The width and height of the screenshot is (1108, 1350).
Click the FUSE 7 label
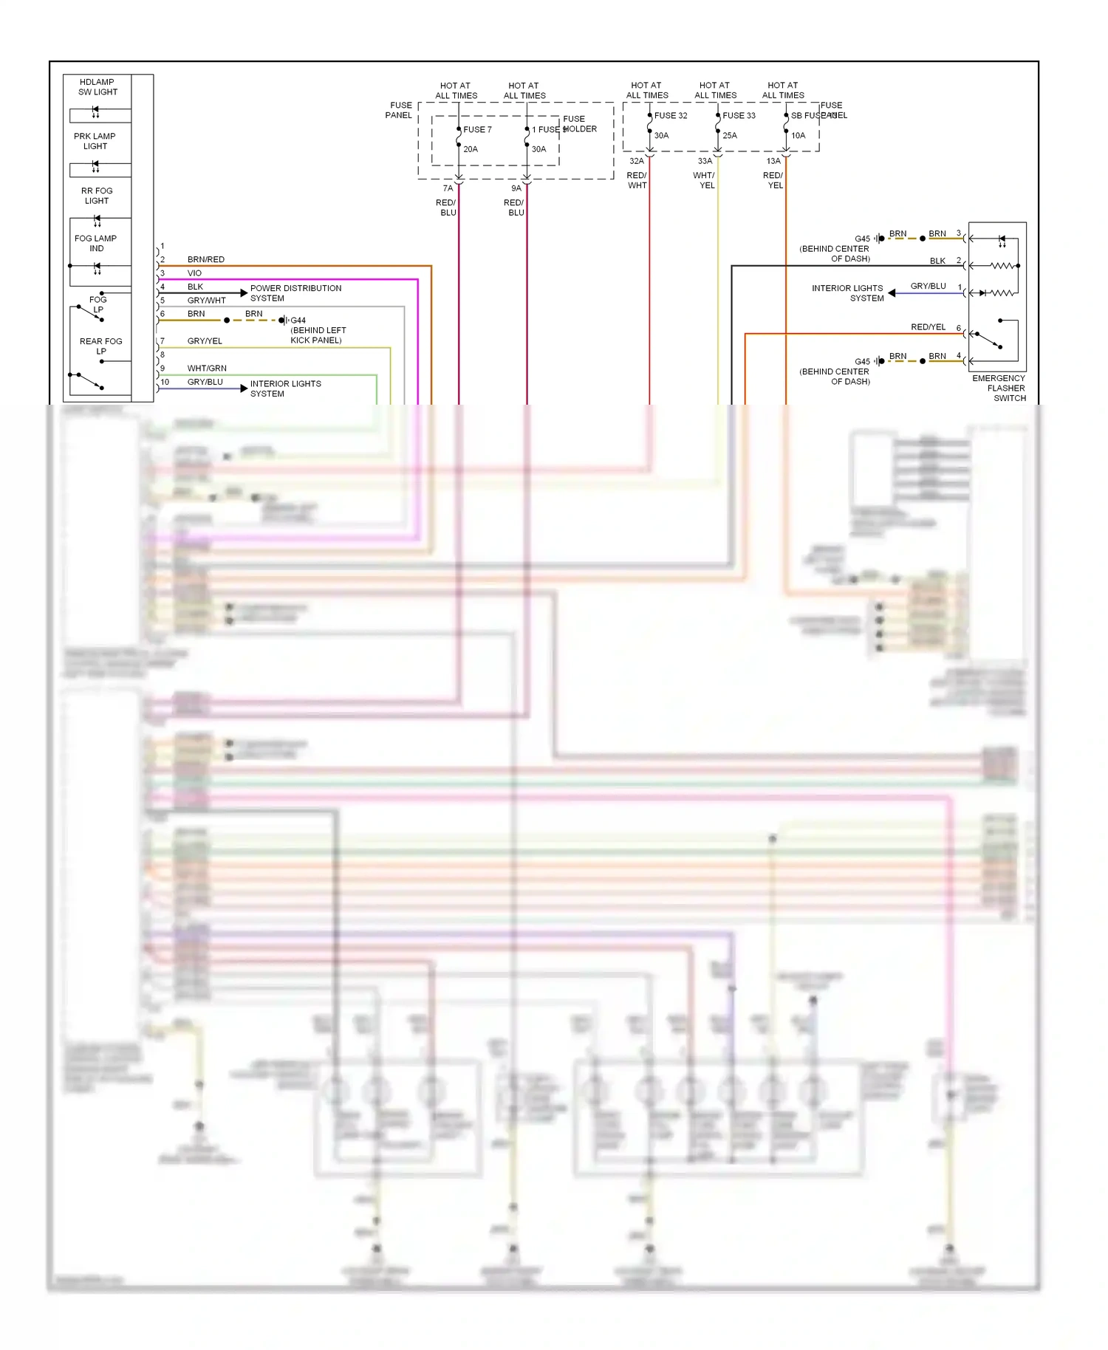477,129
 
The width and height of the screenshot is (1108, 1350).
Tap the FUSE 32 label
670,115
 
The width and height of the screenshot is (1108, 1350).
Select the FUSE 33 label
739,115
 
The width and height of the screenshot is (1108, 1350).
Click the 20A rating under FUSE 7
471,149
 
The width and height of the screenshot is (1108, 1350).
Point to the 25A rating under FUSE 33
730,135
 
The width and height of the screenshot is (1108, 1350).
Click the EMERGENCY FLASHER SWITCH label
999,388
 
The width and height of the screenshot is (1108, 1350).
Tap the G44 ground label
298,321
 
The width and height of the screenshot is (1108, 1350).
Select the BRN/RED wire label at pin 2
205,259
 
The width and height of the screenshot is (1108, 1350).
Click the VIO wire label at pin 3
194,273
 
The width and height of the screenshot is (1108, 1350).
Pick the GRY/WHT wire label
206,301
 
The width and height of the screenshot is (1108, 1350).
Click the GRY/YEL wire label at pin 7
205,341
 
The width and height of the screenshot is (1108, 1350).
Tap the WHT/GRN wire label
207,368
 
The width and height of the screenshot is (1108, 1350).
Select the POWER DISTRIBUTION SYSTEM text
295,293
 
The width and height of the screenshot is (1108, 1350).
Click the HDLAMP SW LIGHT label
98,87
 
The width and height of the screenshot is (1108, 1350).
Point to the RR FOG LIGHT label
97,196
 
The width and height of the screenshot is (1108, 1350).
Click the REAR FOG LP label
101,346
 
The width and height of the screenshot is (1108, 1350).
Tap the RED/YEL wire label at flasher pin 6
928,327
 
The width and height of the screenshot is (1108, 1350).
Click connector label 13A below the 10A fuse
773,161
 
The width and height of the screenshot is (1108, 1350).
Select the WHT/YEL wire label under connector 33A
705,180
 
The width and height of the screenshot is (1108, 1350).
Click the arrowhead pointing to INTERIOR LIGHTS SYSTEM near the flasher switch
892,293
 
